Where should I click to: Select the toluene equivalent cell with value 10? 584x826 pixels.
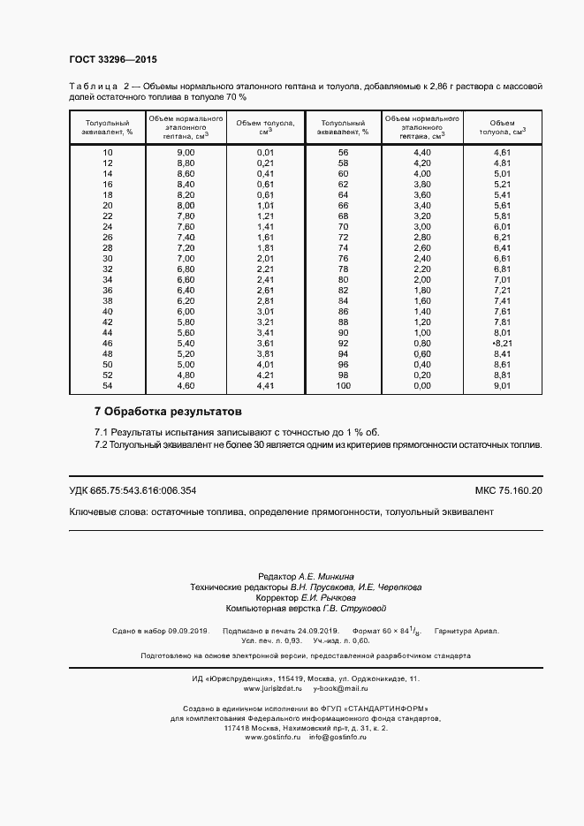(108, 153)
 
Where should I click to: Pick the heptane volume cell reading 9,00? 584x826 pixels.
(186, 153)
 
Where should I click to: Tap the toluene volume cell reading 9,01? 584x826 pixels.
(502, 386)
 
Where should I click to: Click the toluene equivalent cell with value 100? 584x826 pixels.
(344, 386)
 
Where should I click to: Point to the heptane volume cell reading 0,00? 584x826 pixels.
(422, 386)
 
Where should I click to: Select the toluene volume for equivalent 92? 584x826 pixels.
(502, 344)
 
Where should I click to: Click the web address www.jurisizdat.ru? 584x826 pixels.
(273, 688)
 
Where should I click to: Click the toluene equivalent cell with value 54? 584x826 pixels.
(108, 386)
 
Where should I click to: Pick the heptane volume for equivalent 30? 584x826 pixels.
(186, 259)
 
